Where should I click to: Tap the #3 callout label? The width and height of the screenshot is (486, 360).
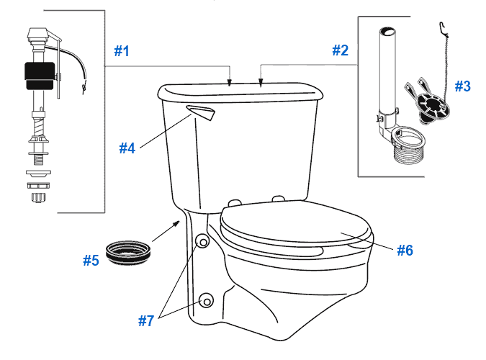[462, 86]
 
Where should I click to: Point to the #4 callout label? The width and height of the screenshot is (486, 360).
[127, 148]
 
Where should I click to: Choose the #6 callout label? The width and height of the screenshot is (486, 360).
[405, 251]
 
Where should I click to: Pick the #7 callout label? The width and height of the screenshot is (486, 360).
[146, 321]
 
